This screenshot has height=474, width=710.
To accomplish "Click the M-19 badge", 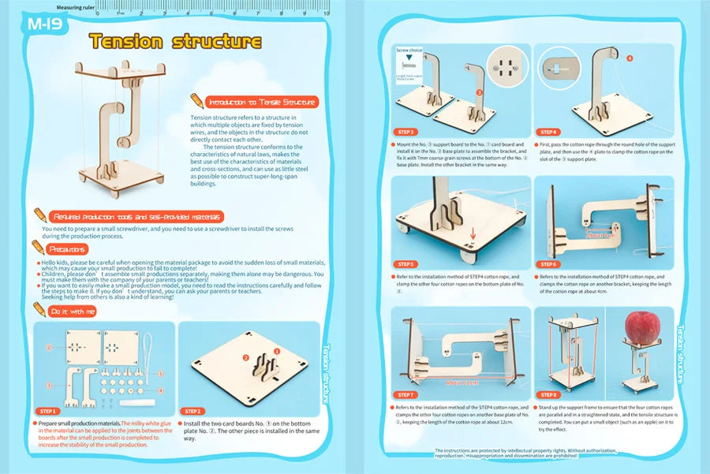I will point(46,24).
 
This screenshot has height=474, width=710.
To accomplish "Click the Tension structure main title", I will point(174,41).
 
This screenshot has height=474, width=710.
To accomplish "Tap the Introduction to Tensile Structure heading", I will point(261,102).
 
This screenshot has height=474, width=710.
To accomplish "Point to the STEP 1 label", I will point(48,411).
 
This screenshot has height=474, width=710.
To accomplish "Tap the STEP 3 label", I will point(407,132).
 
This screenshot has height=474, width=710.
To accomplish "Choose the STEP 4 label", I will point(549,132).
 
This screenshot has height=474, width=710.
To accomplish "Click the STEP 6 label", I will point(549,264).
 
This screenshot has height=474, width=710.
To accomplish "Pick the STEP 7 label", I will point(407,394).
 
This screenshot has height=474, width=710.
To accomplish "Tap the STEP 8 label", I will point(549,394).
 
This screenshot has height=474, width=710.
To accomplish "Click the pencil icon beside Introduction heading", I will point(196,101).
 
